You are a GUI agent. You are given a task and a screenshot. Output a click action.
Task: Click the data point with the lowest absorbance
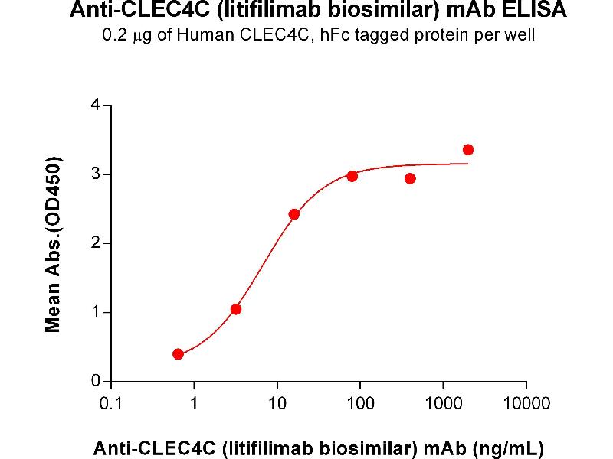tap(179, 354)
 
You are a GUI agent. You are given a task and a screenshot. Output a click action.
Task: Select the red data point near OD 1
tap(236, 309)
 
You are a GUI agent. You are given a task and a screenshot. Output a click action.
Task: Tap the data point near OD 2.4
tap(294, 214)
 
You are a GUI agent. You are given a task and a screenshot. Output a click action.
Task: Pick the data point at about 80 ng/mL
tap(352, 176)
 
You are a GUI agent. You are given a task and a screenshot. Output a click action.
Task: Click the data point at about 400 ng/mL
tap(410, 179)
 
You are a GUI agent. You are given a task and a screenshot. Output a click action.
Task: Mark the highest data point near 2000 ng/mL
tap(468, 150)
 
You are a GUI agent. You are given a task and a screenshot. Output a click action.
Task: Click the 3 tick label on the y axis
tap(96, 174)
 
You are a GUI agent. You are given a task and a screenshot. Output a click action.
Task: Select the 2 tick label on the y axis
tap(96, 243)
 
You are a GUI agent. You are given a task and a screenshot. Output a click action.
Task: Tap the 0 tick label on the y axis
tap(96, 381)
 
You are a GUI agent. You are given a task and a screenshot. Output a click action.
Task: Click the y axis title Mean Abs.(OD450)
tap(53, 245)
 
